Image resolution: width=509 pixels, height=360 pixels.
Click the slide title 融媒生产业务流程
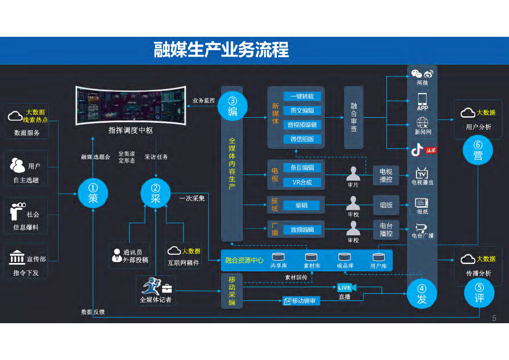221,50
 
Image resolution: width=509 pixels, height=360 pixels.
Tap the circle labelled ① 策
93,193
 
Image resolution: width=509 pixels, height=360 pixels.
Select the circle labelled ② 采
156,193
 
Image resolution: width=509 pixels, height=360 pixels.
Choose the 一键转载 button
302,96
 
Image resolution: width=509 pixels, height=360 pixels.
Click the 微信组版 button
302,139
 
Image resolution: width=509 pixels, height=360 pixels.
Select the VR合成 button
302,182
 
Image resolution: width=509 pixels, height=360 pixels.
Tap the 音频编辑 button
302,230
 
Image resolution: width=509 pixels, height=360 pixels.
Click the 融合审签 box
354,117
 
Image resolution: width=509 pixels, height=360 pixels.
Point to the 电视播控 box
386,175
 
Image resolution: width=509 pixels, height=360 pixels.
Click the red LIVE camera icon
346,287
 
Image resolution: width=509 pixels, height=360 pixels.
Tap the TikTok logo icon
417,150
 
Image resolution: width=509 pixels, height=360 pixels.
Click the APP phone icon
423,98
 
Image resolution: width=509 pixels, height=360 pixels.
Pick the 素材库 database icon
311,257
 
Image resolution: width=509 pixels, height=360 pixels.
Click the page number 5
494,318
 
